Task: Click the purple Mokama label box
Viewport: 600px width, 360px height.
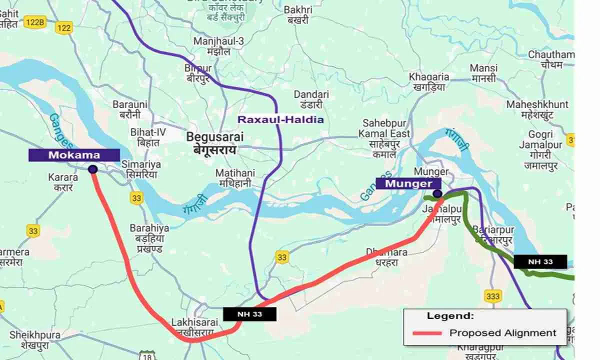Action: (x=74, y=155)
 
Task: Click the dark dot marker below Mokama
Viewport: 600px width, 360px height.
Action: (x=92, y=169)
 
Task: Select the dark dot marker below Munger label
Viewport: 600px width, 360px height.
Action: (x=437, y=193)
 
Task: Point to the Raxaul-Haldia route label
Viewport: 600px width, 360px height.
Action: (x=280, y=119)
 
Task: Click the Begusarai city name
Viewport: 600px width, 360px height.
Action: (x=211, y=136)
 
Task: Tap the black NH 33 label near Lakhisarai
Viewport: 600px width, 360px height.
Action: (x=249, y=314)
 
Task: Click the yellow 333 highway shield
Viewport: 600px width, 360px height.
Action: (x=492, y=296)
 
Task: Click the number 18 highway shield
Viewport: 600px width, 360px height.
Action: (x=146, y=355)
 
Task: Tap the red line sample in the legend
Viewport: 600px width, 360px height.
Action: (x=426, y=333)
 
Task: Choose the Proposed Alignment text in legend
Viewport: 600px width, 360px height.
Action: (x=502, y=333)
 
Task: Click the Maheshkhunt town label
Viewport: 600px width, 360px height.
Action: (x=537, y=104)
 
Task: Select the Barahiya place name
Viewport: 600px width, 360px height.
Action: (x=149, y=228)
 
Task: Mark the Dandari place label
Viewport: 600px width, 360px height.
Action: (x=311, y=94)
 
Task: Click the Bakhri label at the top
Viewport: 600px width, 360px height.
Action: (x=297, y=10)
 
